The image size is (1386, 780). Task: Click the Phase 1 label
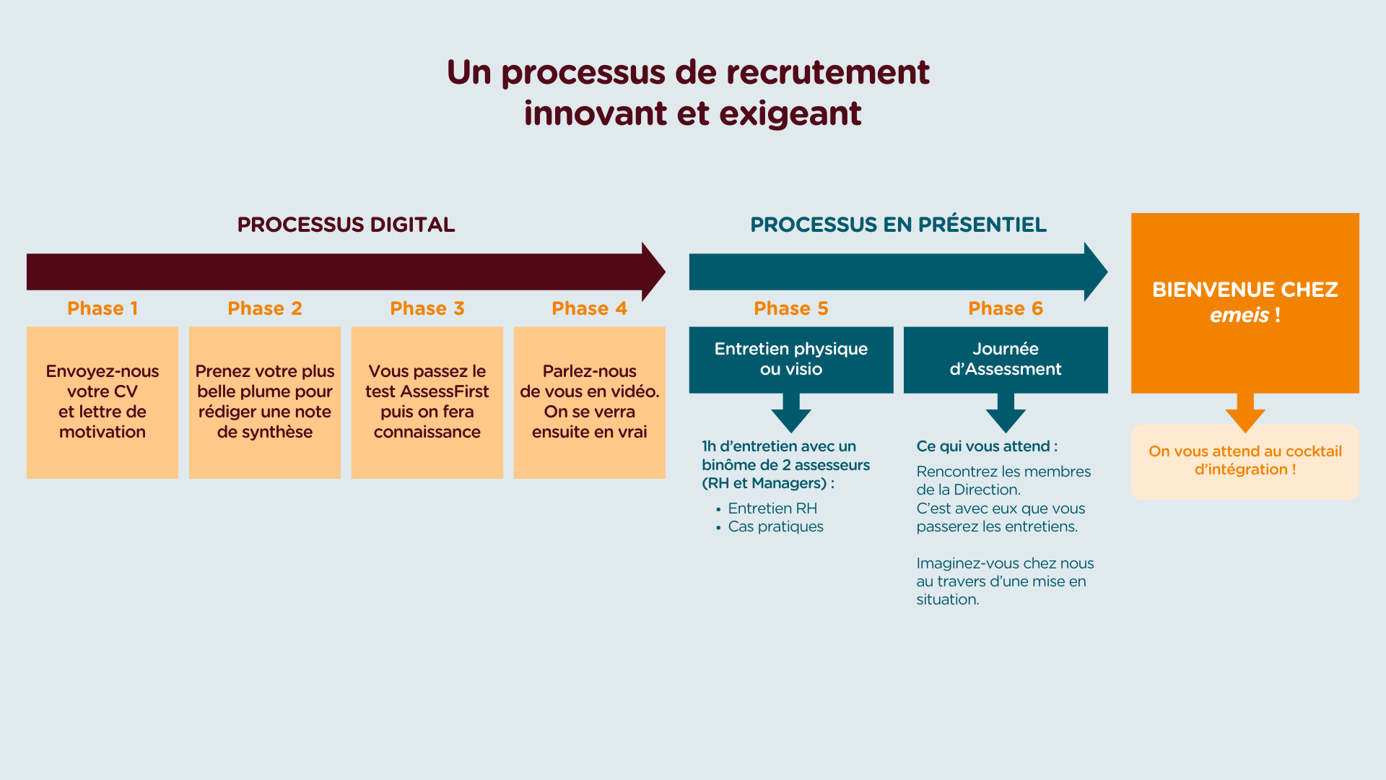point(103,308)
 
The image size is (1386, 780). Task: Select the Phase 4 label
point(589,308)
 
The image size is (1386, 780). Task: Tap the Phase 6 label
point(1006,308)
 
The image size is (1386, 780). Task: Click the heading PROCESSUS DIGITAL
point(346,225)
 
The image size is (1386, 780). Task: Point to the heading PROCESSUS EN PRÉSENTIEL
point(898,225)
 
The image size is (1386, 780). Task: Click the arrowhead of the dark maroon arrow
point(653,272)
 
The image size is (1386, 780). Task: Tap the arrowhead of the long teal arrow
point(1096,272)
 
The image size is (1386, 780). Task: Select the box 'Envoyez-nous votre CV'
point(103,402)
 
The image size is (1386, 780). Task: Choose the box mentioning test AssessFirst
point(427,402)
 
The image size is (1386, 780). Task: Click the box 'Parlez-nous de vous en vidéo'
point(590,402)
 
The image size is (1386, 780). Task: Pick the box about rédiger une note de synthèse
point(265,402)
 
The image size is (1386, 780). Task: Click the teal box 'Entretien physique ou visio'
point(791,360)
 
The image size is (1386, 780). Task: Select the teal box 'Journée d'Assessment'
point(1006,360)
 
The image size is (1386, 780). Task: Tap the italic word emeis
point(1239,315)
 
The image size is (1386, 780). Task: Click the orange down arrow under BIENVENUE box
point(1245,413)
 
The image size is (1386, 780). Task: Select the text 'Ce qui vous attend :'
point(987,446)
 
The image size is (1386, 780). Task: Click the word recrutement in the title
point(828,72)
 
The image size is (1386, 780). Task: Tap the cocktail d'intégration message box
point(1245,461)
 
